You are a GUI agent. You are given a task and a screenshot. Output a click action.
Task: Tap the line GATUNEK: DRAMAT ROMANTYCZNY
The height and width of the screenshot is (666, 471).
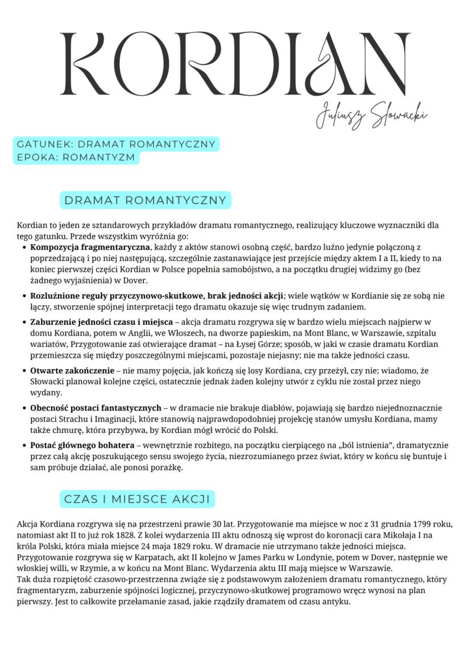[x=116, y=144]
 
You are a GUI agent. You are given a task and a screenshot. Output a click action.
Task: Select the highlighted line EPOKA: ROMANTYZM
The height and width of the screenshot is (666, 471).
[x=76, y=157]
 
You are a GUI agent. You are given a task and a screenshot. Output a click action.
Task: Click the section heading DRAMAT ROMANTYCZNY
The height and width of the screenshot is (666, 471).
[x=145, y=200]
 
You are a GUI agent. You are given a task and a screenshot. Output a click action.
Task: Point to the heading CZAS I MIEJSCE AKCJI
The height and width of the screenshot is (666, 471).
[x=137, y=499]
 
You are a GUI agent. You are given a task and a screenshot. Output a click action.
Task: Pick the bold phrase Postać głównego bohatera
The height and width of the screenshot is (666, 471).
[x=82, y=445]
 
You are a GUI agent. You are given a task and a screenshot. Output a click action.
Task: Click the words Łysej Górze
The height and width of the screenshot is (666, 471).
[x=271, y=345]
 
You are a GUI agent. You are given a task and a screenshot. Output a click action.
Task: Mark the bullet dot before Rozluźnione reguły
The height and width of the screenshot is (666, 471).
[x=23, y=296]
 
